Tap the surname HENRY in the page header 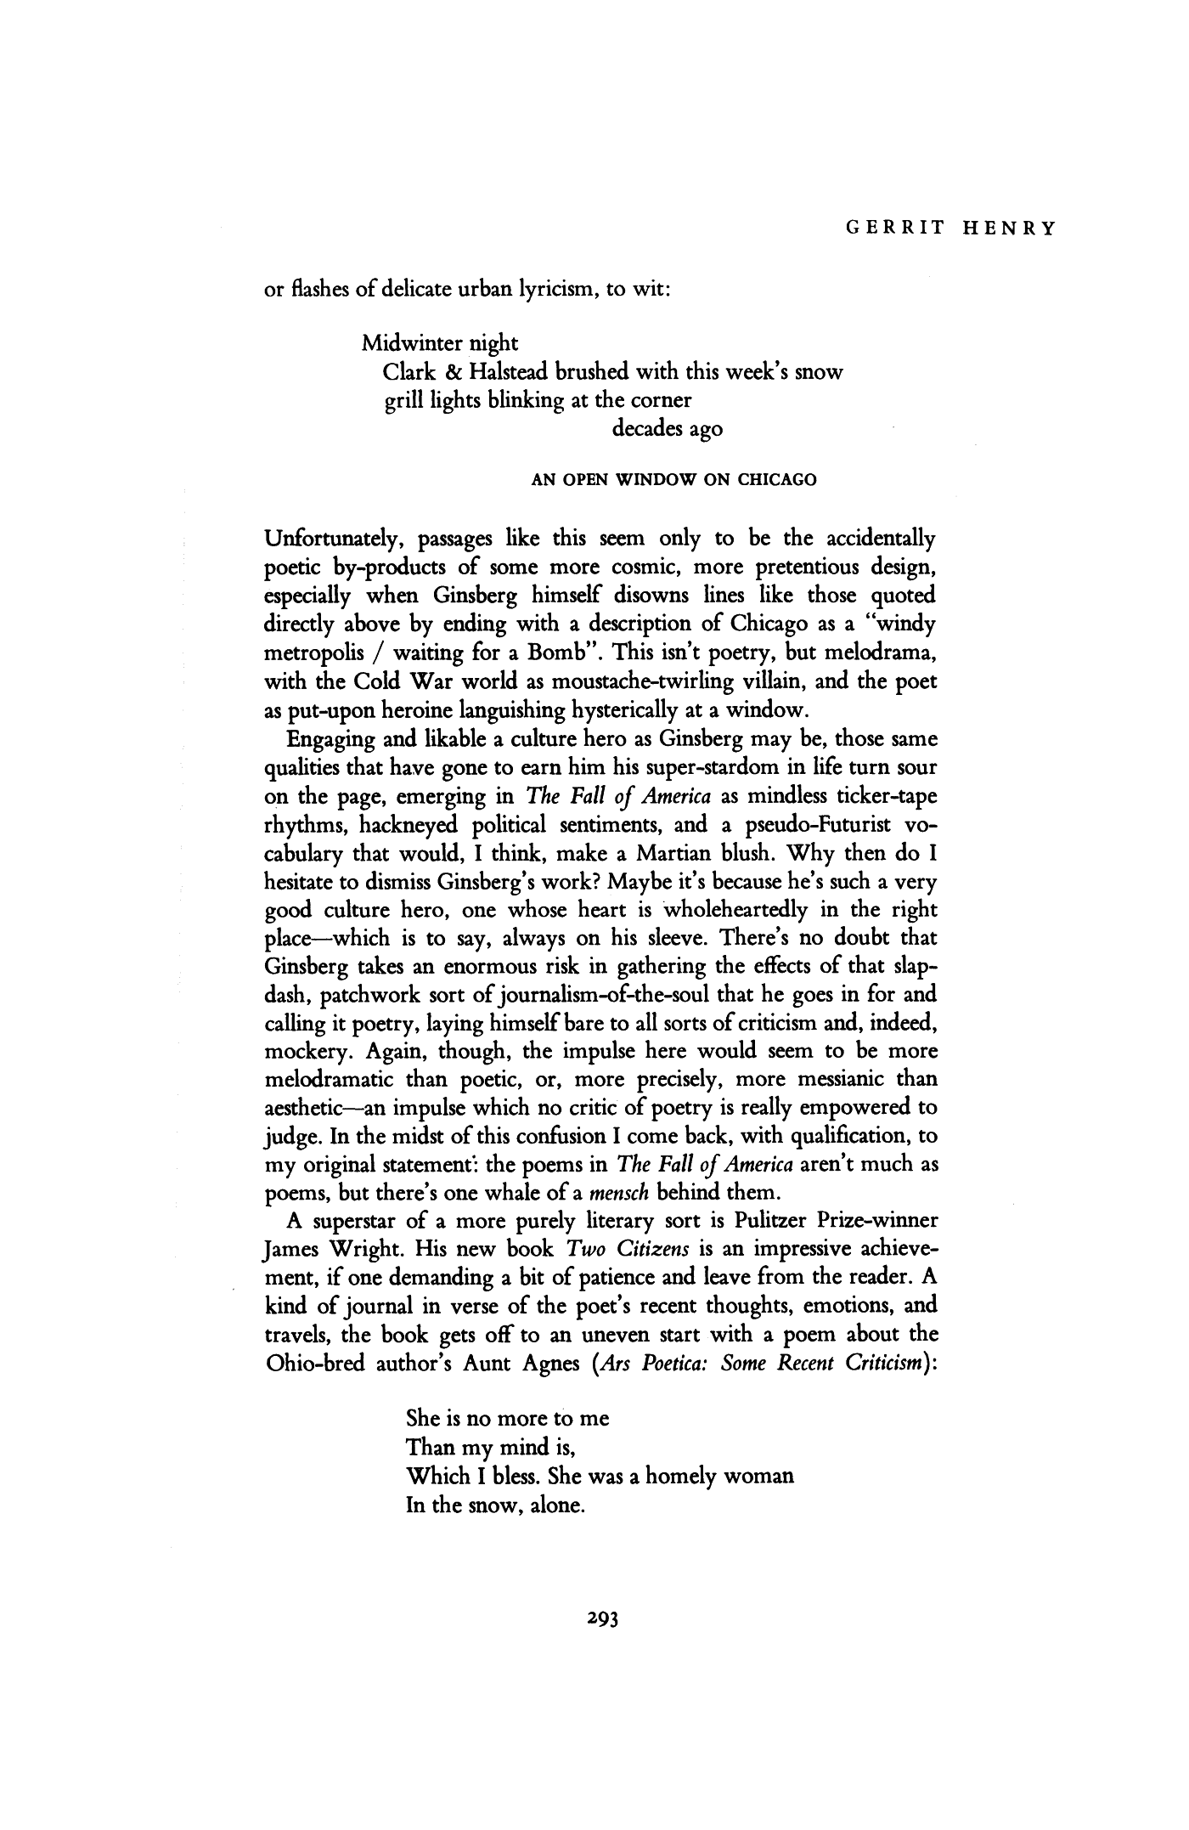click(x=1010, y=228)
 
